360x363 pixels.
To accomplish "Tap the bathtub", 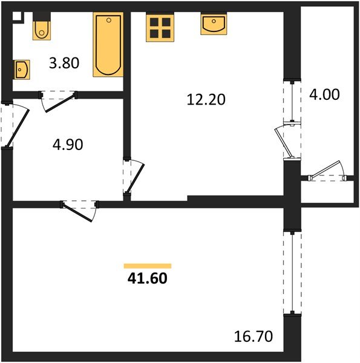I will point(108,45).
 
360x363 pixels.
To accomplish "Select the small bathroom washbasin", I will point(22,70).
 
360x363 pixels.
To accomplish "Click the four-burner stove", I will point(160,27).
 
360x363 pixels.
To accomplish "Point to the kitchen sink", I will point(214,25).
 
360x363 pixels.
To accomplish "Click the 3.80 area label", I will point(64,63).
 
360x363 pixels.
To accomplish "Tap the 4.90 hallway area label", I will point(67,144).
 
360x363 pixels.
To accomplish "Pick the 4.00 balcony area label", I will point(324,95).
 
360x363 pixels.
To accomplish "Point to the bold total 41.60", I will point(147,279).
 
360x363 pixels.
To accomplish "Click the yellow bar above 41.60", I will point(147,266).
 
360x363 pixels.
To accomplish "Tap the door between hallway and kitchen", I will point(134,177).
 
